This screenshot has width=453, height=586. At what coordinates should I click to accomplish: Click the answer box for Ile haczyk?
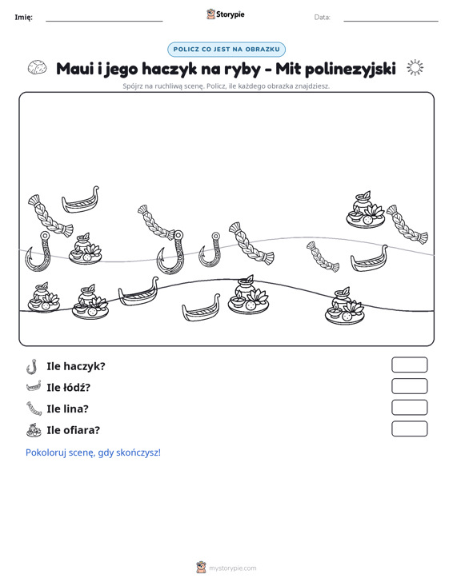pos(409,365)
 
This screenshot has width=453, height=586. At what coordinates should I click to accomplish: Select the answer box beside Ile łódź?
pos(409,386)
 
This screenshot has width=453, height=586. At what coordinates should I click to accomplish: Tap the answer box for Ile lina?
pos(409,408)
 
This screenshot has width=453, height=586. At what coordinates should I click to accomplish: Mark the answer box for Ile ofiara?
pos(409,429)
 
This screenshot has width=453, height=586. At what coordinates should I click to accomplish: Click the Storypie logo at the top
pos(225,14)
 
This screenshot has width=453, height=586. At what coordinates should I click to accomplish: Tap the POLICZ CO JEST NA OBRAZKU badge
pos(226,50)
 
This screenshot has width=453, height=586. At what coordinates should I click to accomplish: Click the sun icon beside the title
pos(415,68)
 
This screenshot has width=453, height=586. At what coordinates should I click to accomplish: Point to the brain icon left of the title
pos(38,68)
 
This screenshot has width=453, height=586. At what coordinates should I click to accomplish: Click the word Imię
pos(23,18)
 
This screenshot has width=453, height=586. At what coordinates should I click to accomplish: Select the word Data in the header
pos(322,18)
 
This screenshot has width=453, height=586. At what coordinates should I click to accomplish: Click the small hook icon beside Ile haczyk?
pos(33,366)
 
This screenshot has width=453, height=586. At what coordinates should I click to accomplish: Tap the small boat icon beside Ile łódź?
pos(34,386)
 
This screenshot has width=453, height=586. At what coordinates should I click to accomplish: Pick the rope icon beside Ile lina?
pos(34,408)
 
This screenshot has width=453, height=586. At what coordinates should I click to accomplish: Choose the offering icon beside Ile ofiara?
pos(34,430)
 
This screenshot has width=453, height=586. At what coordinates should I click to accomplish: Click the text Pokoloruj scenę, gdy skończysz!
pos(93,452)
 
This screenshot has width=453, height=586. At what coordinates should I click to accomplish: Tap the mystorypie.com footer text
pos(233,568)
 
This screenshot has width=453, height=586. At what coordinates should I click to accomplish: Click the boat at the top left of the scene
pos(81,200)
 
